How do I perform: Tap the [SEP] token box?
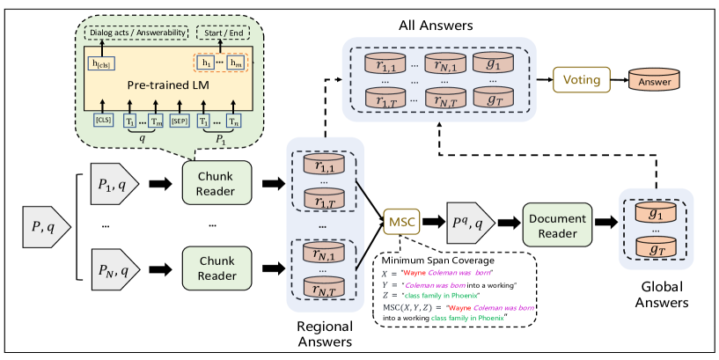[180, 121]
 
